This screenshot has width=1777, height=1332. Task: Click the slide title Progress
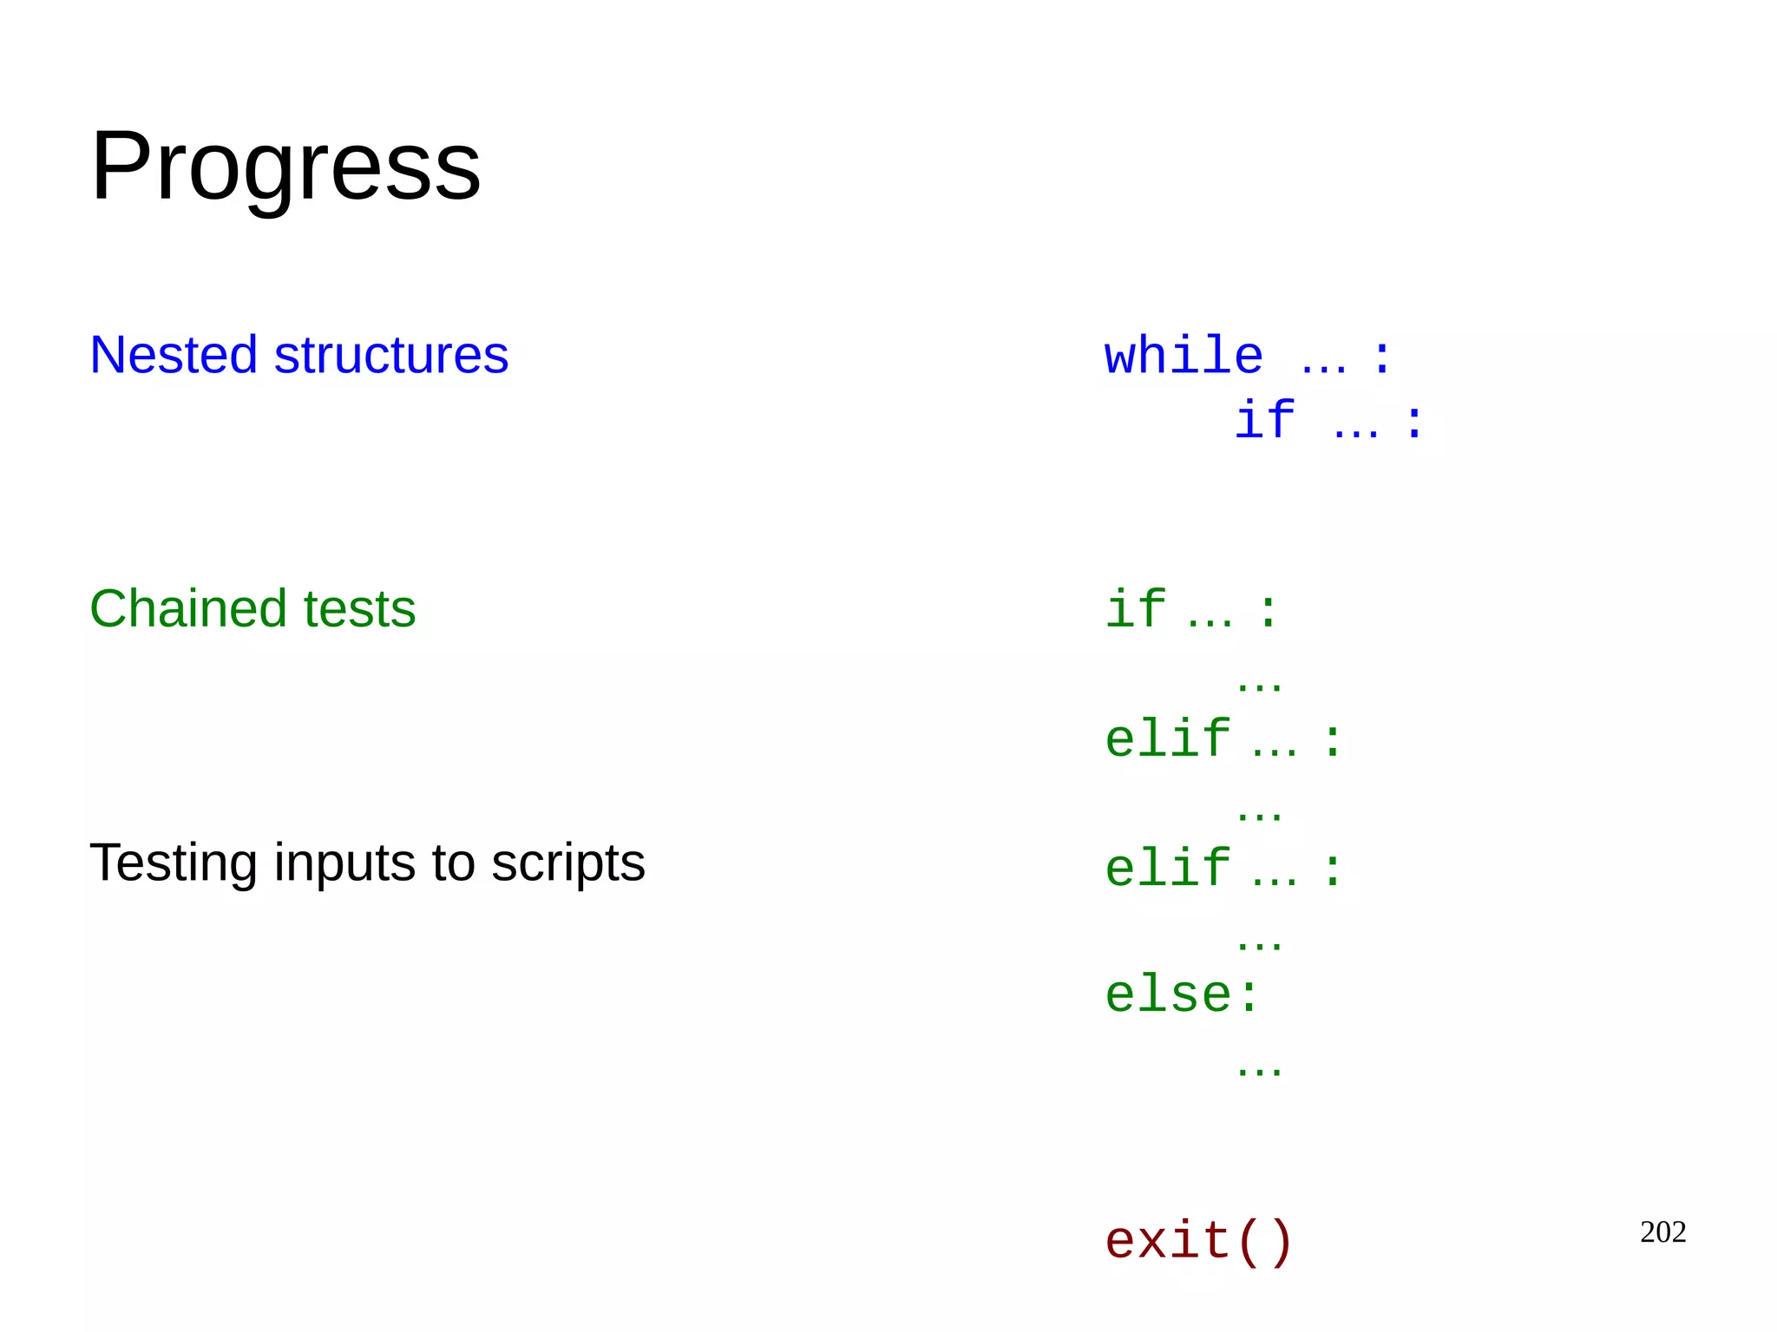tap(285, 167)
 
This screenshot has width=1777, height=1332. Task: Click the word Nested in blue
tap(174, 355)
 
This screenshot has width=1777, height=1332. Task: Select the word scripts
tap(568, 864)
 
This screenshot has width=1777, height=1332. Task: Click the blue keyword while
tap(1183, 356)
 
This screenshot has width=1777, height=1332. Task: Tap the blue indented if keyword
tap(1264, 420)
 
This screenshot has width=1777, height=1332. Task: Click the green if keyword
tap(1135, 608)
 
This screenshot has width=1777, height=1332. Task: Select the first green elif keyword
tap(1167, 739)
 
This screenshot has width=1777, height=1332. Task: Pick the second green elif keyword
tap(1167, 869)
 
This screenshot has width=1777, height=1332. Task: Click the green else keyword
tap(1167, 994)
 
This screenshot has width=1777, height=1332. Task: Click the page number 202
tap(1662, 1232)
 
